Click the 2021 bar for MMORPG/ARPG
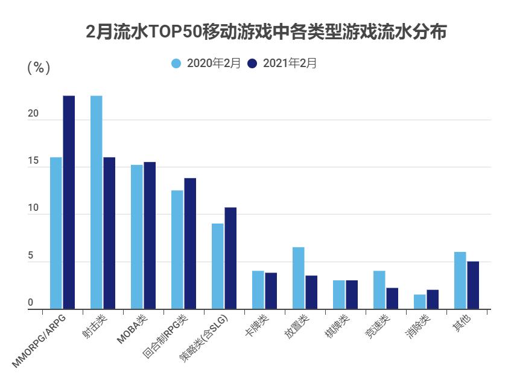[x=69, y=202]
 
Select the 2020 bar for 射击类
[x=96, y=202]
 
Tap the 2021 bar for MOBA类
[x=150, y=236]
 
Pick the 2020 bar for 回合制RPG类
[x=177, y=250]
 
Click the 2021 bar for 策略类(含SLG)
[x=230, y=258]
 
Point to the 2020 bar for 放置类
[x=298, y=278]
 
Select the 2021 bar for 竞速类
[x=392, y=298]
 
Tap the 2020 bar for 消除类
[x=419, y=301]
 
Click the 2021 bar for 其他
[x=473, y=285]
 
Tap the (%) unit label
[x=39, y=68]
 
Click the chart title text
[x=266, y=32]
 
